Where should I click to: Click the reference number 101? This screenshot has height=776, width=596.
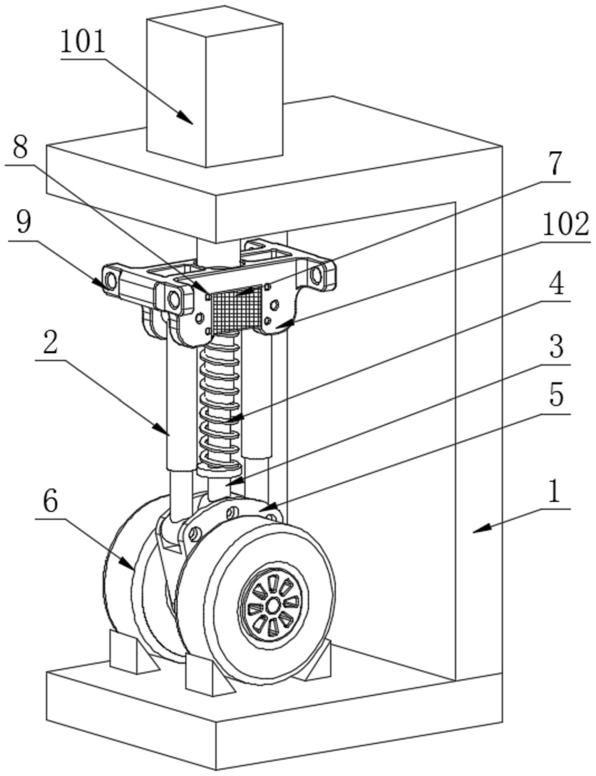(83, 43)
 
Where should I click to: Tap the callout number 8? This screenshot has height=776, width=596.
(21, 148)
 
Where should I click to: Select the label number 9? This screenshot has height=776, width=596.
(24, 224)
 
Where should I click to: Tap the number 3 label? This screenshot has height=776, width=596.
(555, 347)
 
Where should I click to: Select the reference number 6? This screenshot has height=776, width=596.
(48, 502)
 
